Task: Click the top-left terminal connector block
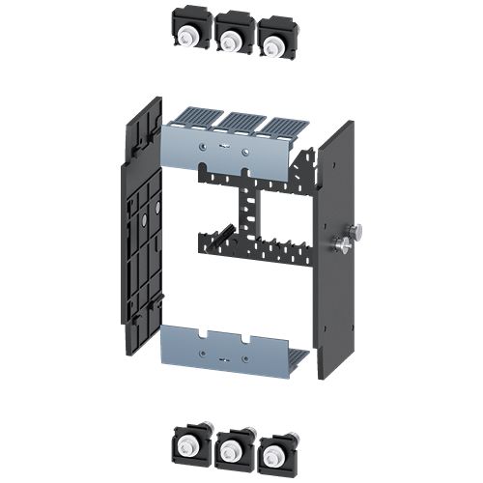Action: (x=192, y=32)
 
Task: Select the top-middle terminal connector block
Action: (x=232, y=35)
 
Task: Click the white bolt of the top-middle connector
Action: (x=231, y=40)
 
